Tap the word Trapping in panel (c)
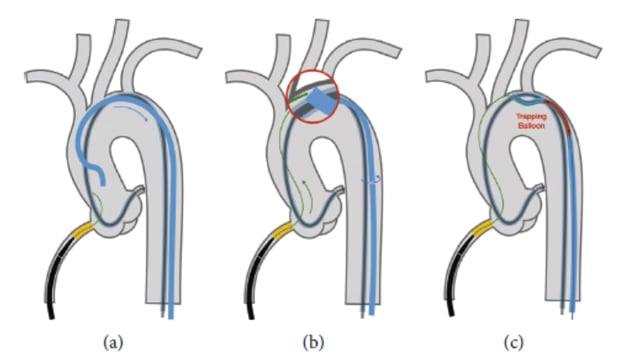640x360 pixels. coord(533,116)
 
